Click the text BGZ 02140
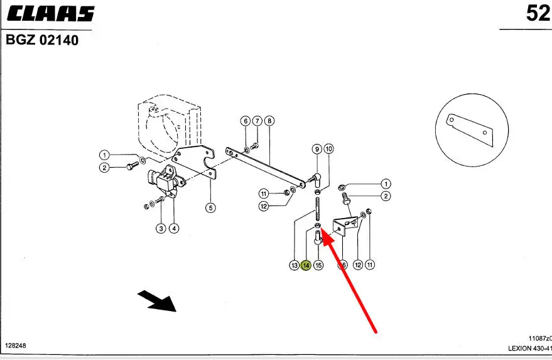(x=43, y=41)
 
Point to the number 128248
(x=16, y=346)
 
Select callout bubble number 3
(x=161, y=228)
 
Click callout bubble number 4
(x=174, y=228)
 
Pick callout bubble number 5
(x=210, y=207)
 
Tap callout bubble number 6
(x=246, y=121)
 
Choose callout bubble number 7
(x=257, y=121)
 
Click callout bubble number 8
(x=269, y=121)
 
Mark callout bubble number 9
(x=317, y=149)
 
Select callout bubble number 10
(x=328, y=149)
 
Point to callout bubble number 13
(x=295, y=265)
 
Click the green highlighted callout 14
(x=306, y=265)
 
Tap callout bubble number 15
(x=318, y=265)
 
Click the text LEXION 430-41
(x=530, y=349)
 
